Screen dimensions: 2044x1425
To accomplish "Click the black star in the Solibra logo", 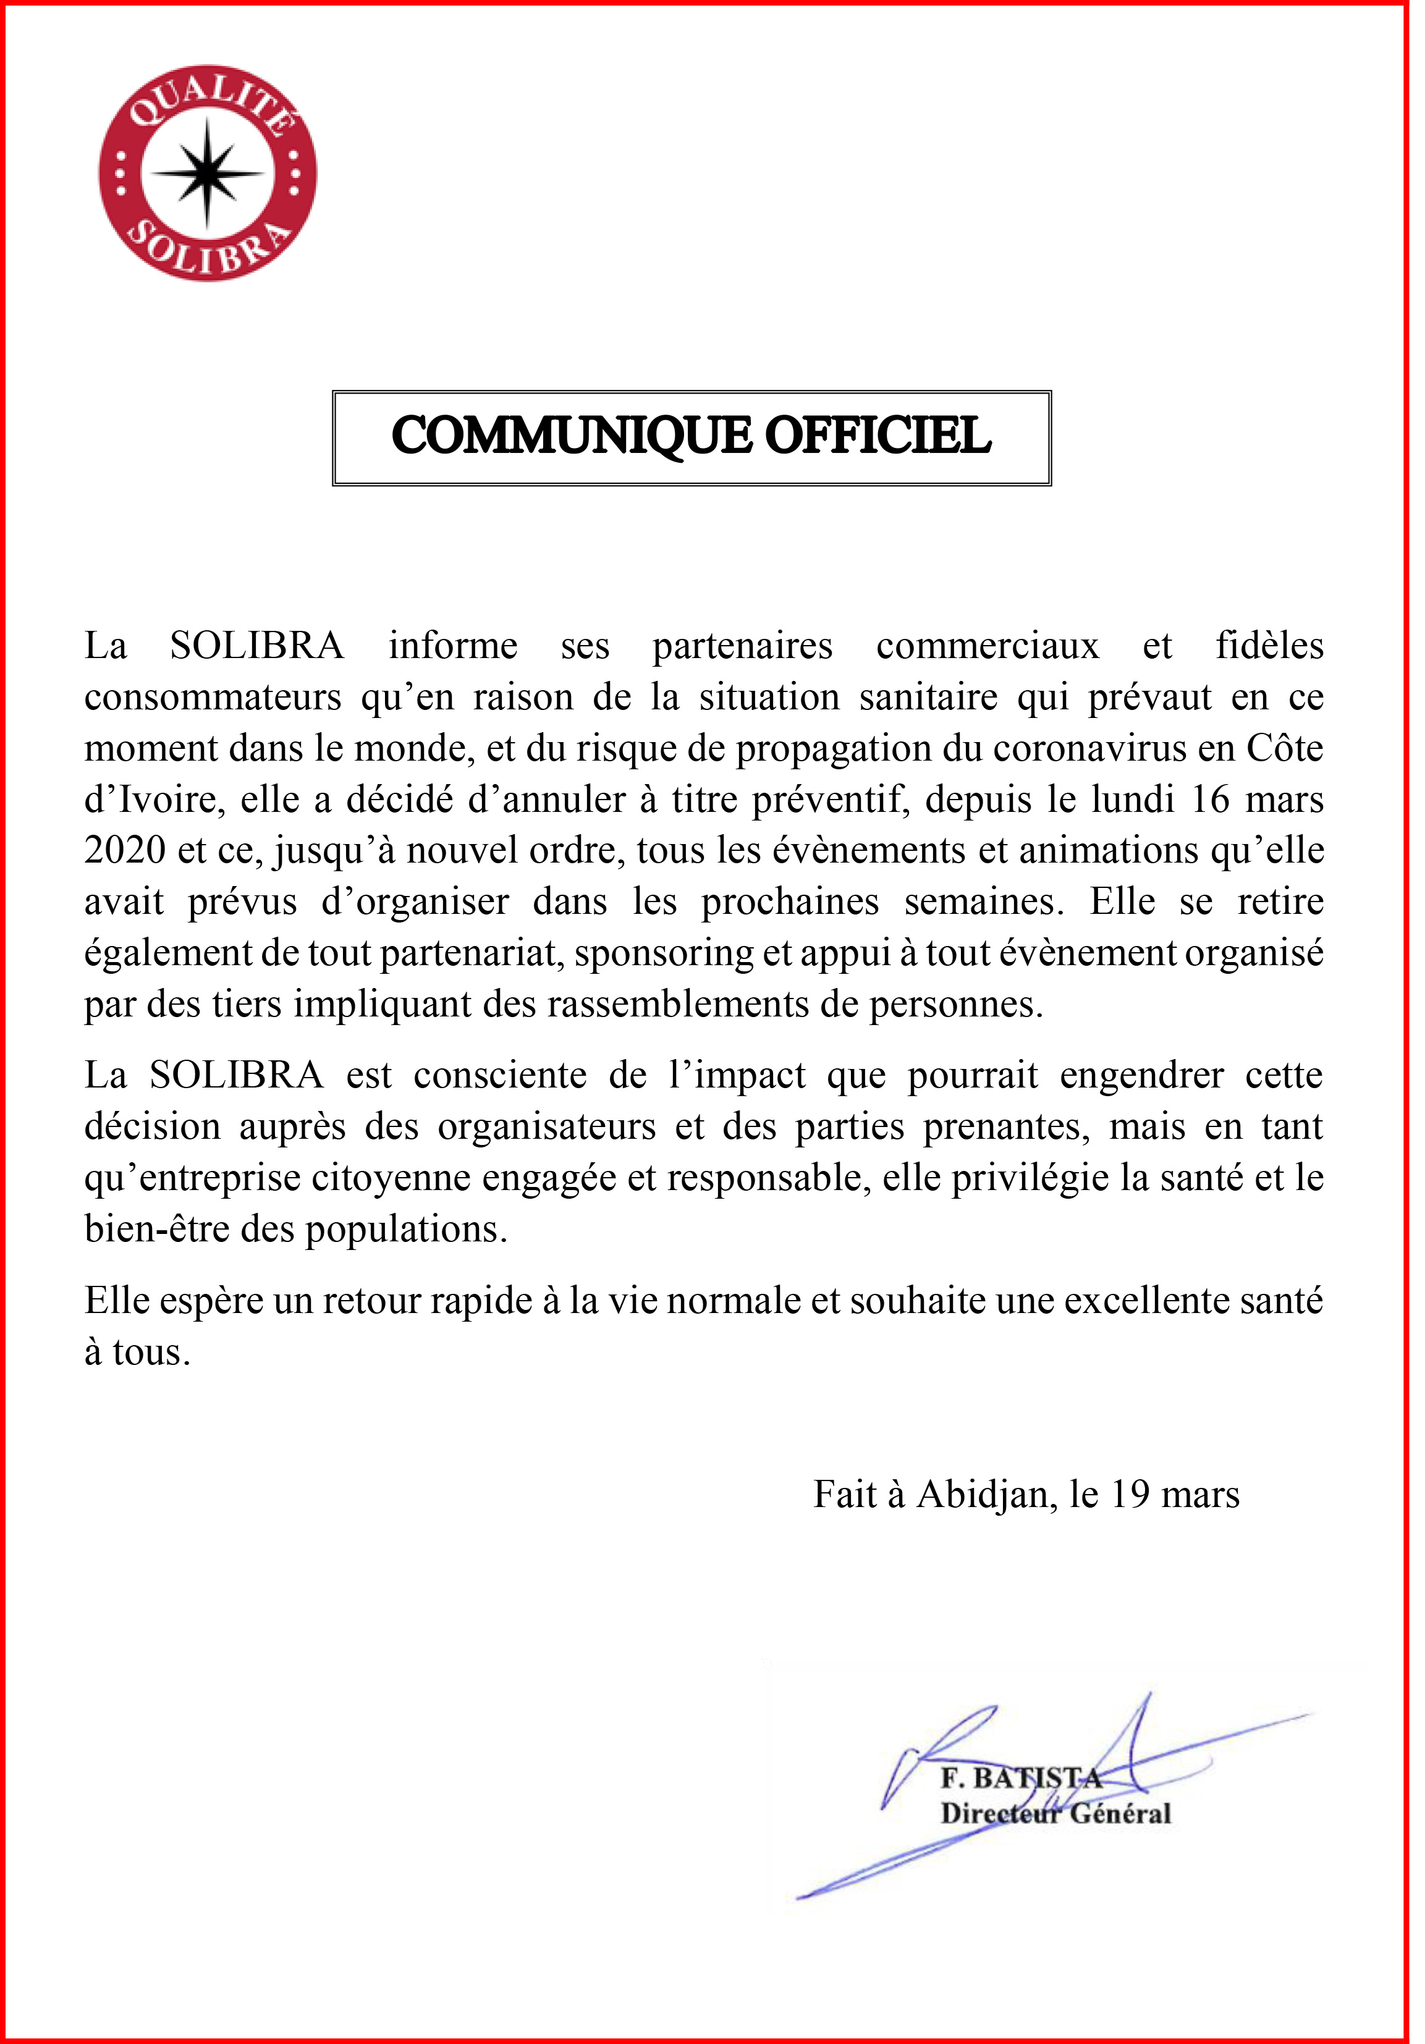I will coord(208,172).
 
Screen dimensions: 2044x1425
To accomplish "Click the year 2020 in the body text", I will coord(125,851).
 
